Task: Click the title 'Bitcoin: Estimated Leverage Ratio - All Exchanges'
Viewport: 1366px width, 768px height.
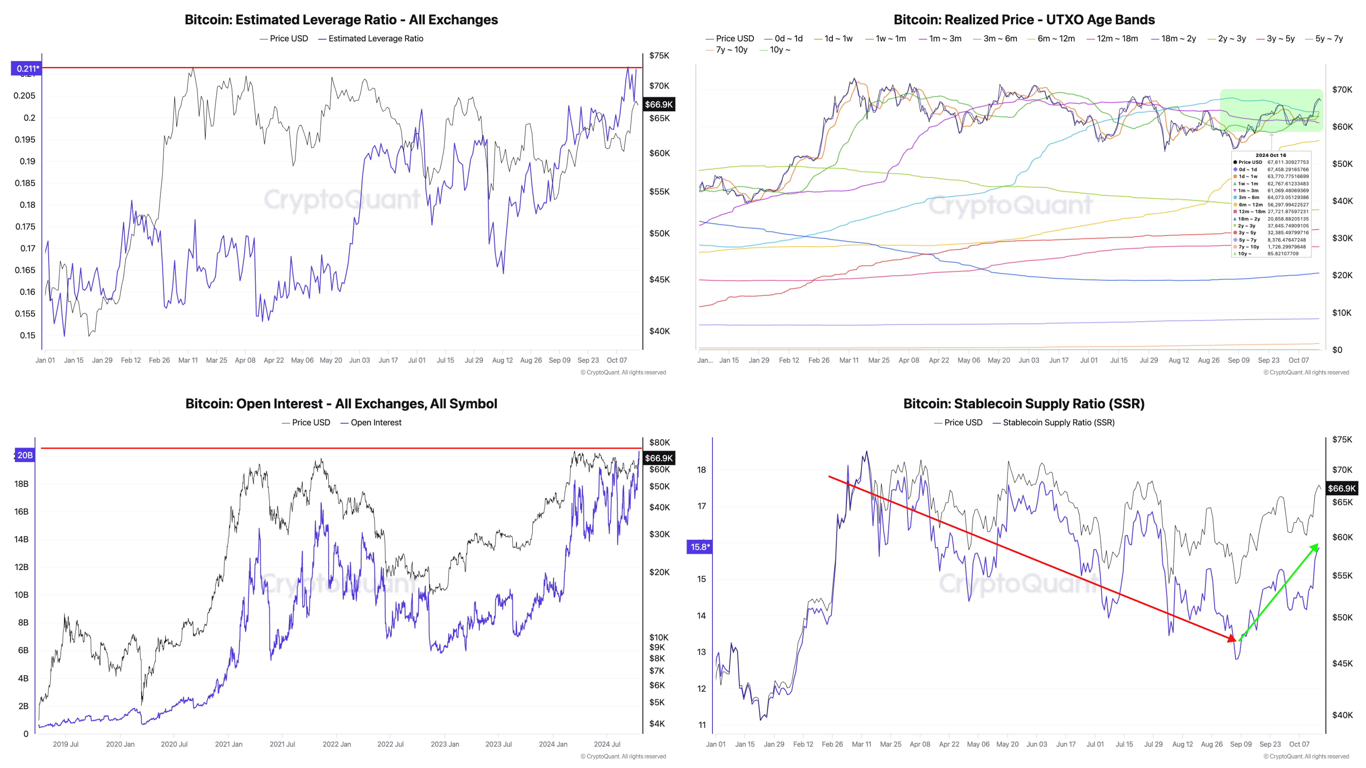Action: coord(341,20)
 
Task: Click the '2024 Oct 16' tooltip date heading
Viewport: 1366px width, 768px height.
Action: coord(1271,155)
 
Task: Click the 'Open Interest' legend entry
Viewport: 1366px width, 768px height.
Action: coord(375,422)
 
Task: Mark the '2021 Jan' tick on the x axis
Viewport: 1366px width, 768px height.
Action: coord(229,744)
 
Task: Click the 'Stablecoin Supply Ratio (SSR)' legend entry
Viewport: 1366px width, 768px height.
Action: coord(1058,422)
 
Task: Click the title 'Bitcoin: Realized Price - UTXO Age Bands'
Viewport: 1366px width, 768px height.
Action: coord(1024,20)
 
